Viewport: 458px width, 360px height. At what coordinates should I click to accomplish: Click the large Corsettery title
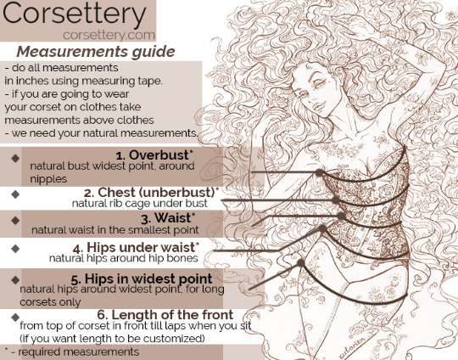[x=78, y=16]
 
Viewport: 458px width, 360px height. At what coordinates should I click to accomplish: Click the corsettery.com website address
[x=109, y=35]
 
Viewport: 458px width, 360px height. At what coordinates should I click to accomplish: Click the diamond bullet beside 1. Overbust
[x=15, y=158]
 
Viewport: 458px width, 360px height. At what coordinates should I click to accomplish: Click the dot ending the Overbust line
[x=319, y=172]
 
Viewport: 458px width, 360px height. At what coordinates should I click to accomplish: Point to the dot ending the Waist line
[x=341, y=216]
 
